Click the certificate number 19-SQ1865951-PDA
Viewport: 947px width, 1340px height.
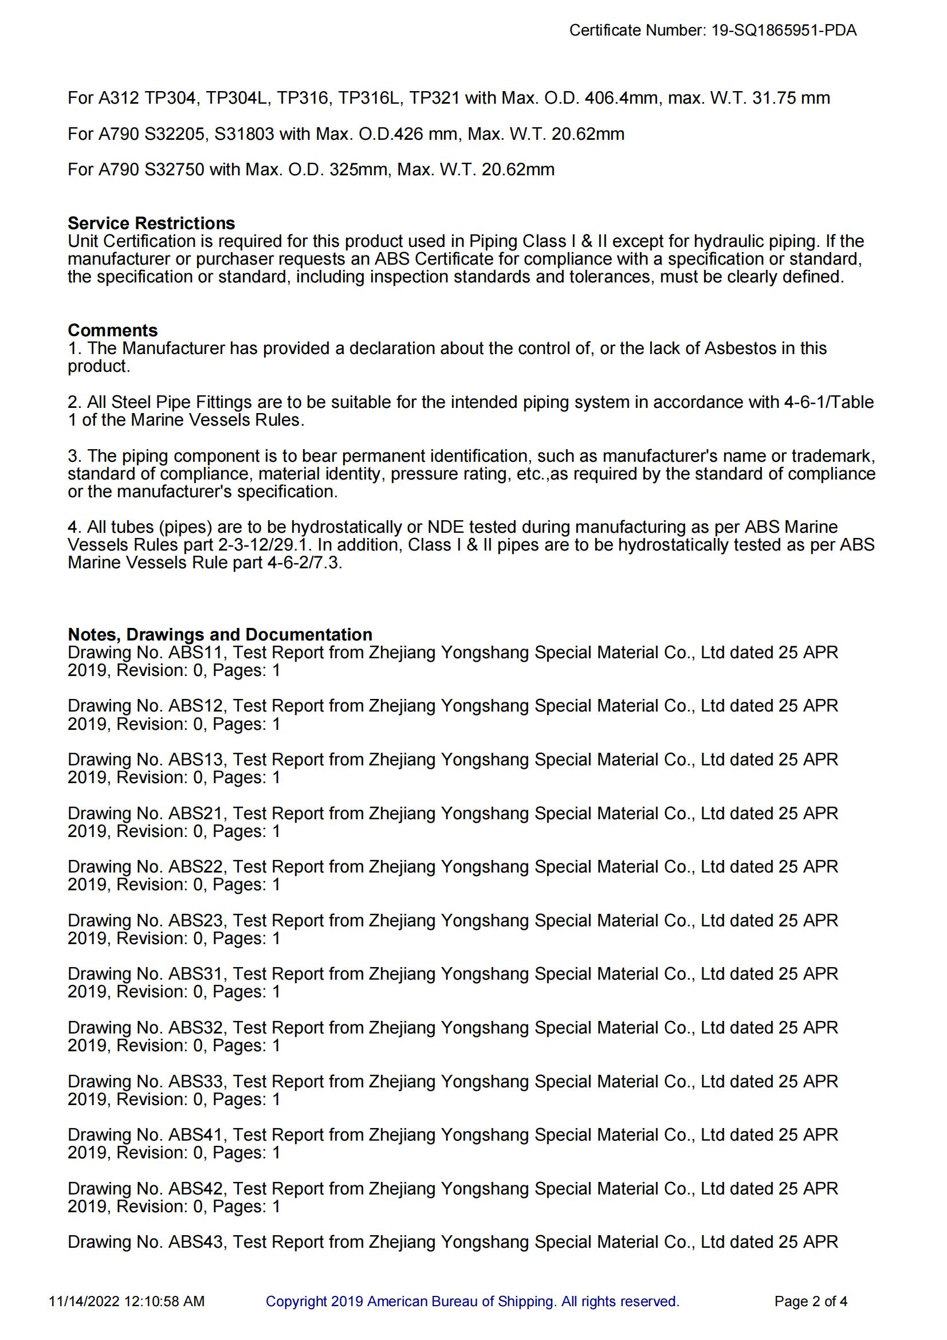pos(783,30)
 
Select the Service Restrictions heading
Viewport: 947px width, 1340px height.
pos(151,223)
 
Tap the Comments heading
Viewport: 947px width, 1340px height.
pos(113,331)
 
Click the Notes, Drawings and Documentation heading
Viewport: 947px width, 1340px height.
pos(220,634)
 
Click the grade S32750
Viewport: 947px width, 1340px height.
pos(175,170)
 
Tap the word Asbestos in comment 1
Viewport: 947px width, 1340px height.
pos(740,348)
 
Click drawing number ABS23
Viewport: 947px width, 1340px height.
pos(195,921)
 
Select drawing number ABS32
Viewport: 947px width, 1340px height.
pos(195,1028)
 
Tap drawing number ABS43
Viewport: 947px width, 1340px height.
pos(195,1242)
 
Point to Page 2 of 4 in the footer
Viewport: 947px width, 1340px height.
pos(811,1302)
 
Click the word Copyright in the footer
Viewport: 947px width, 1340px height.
pos(296,1302)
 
